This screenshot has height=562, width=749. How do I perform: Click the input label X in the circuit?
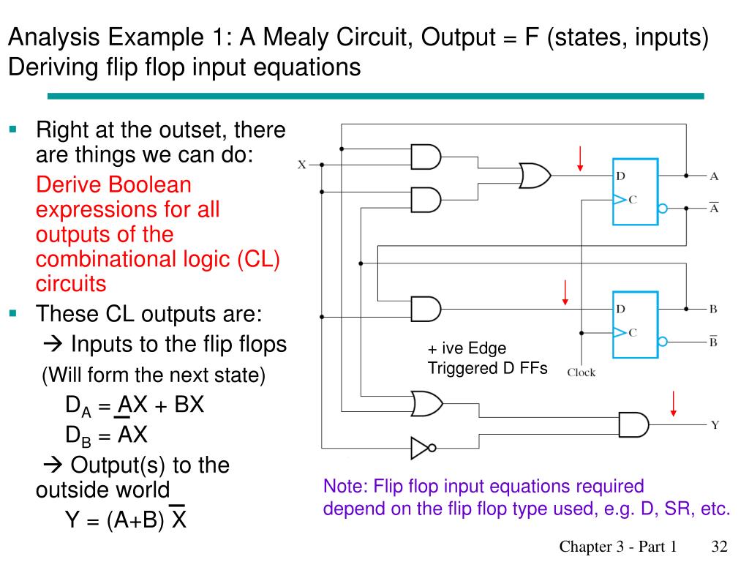(302, 165)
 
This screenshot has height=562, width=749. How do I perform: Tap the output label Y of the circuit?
(715, 425)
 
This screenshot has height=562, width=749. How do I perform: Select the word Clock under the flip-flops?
(581, 372)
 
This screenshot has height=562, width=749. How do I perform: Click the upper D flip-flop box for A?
(636, 192)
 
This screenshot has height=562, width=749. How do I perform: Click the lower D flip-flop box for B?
(636, 324)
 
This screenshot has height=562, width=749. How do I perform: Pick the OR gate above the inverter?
(427, 404)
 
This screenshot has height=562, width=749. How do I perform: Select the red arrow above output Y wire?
(674, 404)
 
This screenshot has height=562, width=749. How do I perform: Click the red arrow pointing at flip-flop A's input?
(580, 159)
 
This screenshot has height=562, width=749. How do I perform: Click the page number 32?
(720, 546)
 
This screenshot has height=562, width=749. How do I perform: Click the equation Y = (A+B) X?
(126, 518)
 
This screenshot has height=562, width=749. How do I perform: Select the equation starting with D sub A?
(135, 405)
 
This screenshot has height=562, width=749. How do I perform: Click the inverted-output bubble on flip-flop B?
(663, 341)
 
